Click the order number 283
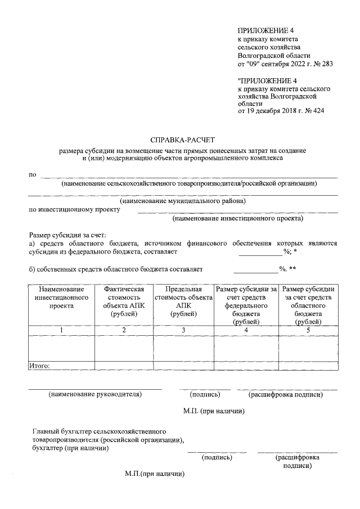[x=326, y=64]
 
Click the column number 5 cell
[x=308, y=330]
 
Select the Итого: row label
[x=39, y=366]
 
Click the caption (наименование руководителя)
[x=95, y=394]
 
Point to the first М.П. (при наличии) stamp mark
[x=213, y=411]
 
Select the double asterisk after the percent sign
[x=292, y=269]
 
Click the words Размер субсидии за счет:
[x=67, y=235]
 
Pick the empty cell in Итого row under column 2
[x=124, y=366]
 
